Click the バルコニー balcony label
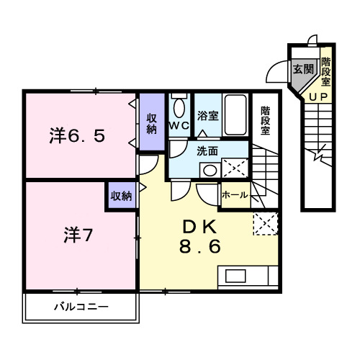[81, 307]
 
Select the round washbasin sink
[209, 170]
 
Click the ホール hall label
[235, 195]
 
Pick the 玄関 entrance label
[303, 70]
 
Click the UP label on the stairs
[318, 97]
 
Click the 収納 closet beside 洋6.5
[152, 124]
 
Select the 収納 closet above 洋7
[121, 196]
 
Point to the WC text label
[179, 126]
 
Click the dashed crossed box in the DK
[264, 224]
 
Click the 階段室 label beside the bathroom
[265, 120]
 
